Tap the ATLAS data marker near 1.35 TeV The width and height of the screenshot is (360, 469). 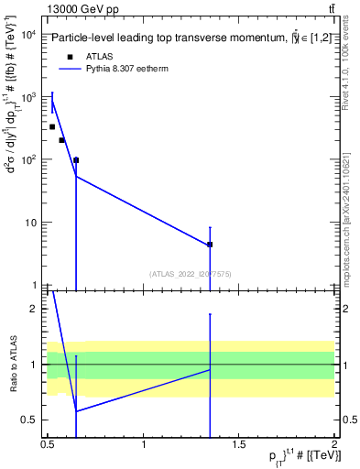coord(210,245)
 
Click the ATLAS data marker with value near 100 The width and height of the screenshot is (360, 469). coord(76,160)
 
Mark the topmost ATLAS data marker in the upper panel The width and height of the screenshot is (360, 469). coord(52,126)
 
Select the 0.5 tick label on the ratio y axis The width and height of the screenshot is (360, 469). coord(30,420)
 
